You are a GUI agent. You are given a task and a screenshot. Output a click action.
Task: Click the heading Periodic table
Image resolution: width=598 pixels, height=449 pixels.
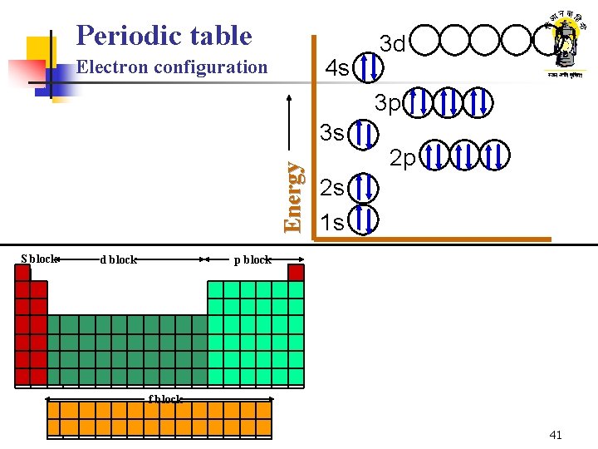(x=164, y=35)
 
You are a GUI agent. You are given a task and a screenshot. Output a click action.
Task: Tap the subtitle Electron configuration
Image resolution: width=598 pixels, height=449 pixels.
(x=172, y=67)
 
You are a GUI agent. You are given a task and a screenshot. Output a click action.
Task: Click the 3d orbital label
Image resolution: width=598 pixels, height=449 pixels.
(x=392, y=42)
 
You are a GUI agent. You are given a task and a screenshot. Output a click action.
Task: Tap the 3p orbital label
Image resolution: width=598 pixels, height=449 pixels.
(x=388, y=104)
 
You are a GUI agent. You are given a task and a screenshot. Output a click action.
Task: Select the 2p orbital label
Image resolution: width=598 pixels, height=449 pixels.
(x=404, y=158)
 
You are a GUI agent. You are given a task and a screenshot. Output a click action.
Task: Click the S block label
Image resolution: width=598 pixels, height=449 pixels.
(x=39, y=259)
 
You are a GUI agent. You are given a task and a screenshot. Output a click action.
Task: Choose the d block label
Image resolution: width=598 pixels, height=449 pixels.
(x=118, y=259)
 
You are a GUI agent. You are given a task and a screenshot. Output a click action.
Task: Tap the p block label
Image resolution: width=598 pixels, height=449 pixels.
(x=252, y=259)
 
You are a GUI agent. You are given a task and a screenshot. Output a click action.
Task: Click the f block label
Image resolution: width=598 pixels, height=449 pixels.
(x=165, y=399)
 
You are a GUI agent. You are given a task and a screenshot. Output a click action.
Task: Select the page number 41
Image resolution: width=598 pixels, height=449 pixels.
(x=556, y=435)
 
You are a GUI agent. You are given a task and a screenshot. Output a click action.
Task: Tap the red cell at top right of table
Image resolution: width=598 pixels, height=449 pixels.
(x=297, y=273)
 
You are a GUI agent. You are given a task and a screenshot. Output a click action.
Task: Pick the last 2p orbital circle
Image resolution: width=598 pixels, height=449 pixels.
(x=494, y=155)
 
